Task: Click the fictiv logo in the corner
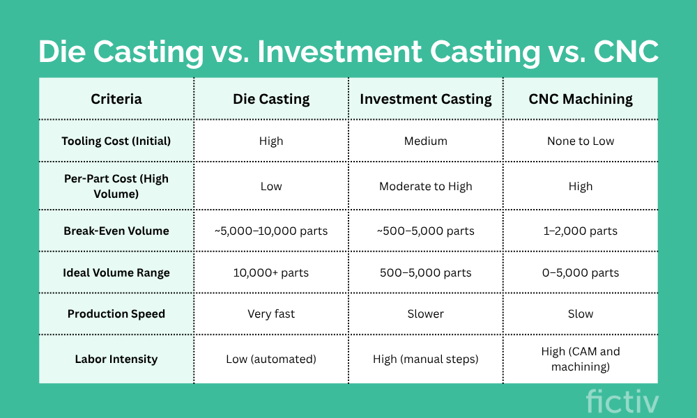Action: tap(622, 401)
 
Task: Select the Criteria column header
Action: tap(116, 99)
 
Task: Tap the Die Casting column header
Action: tap(271, 99)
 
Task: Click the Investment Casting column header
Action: tap(426, 99)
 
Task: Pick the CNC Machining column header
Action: tap(581, 99)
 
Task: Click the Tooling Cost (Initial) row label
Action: tap(116, 141)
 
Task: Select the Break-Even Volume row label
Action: tap(116, 231)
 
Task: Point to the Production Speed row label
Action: tap(116, 313)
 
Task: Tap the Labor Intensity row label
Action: tap(116, 359)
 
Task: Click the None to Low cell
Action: tap(581, 141)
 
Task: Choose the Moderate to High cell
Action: tap(426, 186)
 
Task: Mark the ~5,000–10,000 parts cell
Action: tap(271, 231)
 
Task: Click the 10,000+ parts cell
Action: tap(271, 272)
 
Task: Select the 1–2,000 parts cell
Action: tap(581, 231)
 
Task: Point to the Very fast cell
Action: tap(271, 314)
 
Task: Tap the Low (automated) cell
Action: tap(271, 359)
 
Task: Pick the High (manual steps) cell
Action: tap(426, 359)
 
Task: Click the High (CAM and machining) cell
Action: tap(581, 359)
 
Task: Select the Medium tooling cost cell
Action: tap(426, 141)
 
